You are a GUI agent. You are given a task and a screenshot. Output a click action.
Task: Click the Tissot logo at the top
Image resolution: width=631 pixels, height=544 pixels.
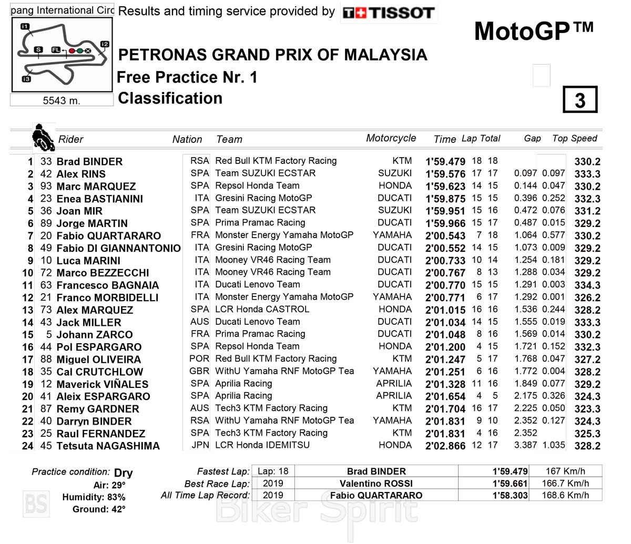[x=388, y=13]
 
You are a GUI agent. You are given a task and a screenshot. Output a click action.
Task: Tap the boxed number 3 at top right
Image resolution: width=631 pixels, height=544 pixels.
[x=580, y=100]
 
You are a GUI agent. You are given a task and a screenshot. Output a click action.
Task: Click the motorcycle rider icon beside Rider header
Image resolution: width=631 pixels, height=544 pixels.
[x=43, y=137]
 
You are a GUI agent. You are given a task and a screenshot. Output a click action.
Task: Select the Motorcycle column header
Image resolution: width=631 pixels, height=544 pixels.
[x=391, y=138]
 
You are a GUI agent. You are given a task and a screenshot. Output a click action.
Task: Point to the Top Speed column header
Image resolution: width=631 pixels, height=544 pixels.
[x=574, y=139]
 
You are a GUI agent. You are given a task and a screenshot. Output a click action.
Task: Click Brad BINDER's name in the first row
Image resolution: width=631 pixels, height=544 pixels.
[x=89, y=161]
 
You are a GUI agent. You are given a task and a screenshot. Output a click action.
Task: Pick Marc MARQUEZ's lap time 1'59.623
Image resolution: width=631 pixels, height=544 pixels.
[x=445, y=187]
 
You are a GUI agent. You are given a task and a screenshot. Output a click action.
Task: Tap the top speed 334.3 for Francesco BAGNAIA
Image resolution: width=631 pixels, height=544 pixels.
[x=587, y=285]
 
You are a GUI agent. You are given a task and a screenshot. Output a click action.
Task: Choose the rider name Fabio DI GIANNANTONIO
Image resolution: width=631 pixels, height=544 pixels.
[x=118, y=248]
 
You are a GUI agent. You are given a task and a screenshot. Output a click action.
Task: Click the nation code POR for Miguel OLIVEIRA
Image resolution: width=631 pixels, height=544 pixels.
[x=199, y=359]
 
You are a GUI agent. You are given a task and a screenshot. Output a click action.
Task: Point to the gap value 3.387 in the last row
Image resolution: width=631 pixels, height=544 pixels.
[x=525, y=445]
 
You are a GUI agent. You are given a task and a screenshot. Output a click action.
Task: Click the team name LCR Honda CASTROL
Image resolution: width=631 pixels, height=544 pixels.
[x=262, y=310]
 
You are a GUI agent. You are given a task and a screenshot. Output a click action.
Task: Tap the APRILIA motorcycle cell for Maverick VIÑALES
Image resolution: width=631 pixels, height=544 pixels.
[x=394, y=384]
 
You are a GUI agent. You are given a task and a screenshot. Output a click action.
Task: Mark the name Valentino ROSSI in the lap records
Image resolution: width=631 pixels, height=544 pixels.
[x=376, y=484]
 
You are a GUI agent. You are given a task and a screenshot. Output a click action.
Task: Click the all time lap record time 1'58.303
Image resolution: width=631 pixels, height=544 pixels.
[x=510, y=496]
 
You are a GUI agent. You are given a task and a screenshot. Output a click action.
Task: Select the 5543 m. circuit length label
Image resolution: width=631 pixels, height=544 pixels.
[x=62, y=100]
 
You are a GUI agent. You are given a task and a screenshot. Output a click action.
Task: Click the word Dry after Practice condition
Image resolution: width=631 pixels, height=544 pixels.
[x=123, y=473]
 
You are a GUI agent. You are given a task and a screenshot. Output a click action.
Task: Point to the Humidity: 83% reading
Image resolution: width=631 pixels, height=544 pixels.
[x=94, y=497]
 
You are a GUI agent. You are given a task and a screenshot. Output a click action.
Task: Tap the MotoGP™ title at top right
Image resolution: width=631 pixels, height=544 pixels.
[x=534, y=32]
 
